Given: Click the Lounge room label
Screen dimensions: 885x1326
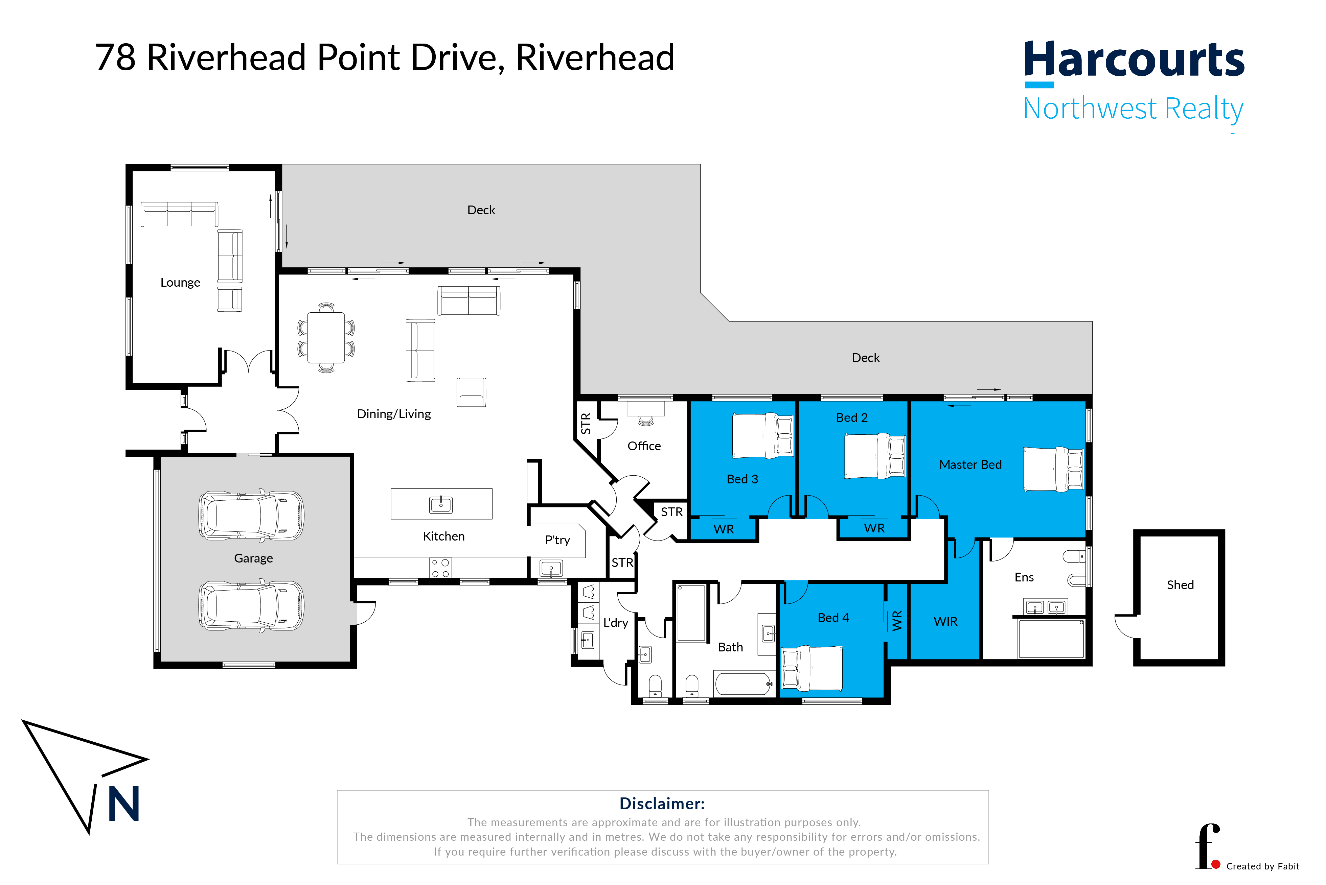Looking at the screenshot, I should [x=180, y=282].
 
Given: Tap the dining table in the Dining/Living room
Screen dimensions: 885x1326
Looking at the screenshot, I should [x=326, y=337].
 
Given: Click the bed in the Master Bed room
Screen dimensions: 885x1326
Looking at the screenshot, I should [x=1053, y=469].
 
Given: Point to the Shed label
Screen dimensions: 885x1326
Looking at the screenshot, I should [x=1180, y=585].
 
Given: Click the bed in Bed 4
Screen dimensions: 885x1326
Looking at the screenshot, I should [x=811, y=668].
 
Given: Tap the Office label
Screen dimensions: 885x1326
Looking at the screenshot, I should [x=644, y=446].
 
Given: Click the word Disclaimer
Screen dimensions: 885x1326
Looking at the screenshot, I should [x=662, y=803].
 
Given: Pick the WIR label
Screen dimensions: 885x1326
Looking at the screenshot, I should [x=945, y=621].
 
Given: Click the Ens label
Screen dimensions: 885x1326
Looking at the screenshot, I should [x=1024, y=577].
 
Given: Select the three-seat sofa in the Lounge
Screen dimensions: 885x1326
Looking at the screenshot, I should [x=179, y=214].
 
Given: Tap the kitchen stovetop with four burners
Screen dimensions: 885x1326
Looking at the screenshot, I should [x=440, y=568].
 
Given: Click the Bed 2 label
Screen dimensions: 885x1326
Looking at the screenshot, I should [x=852, y=418].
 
